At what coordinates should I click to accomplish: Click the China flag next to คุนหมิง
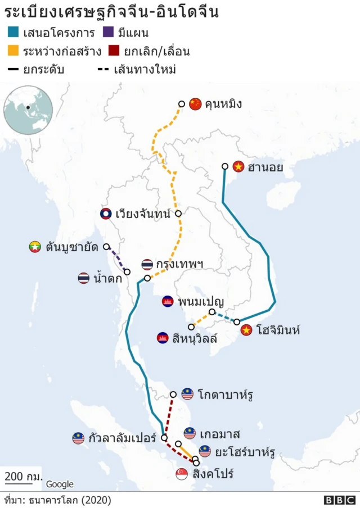[x=195, y=103]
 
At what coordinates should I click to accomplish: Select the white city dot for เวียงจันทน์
[x=178, y=214]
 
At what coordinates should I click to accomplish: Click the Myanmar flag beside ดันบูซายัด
[x=35, y=246]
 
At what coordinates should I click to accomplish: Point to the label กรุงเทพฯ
[x=179, y=264]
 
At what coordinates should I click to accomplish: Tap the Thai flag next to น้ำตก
[x=84, y=278]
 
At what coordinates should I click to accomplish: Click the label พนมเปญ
[x=199, y=301]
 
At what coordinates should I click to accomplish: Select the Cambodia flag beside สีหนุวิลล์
[x=163, y=338]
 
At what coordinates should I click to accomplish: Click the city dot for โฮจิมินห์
[x=237, y=322]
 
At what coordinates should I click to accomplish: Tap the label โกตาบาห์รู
[x=225, y=394]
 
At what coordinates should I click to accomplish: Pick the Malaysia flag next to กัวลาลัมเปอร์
[x=78, y=438]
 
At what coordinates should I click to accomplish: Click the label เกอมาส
[x=219, y=434]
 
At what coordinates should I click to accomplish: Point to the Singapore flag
[x=182, y=474]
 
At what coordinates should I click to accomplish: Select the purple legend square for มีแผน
[x=110, y=33]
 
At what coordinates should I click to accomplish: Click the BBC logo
[x=340, y=500]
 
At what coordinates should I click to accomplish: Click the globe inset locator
[x=28, y=110]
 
